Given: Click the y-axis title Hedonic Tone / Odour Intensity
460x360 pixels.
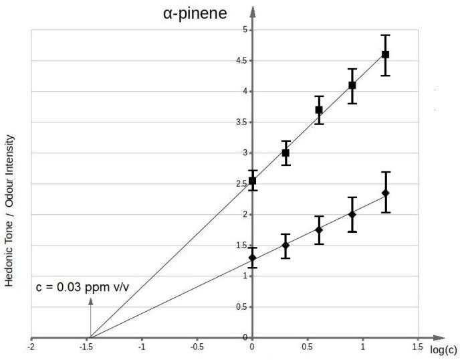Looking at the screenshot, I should click(x=11, y=217).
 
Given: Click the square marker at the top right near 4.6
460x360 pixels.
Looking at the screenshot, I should click(x=385, y=55).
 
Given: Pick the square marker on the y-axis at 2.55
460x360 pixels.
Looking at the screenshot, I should click(x=252, y=181).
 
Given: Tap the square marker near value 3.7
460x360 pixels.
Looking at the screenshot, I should click(x=319, y=110).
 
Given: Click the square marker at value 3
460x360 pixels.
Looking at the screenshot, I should click(x=285, y=153).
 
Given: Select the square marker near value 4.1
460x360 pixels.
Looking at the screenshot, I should click(x=352, y=86).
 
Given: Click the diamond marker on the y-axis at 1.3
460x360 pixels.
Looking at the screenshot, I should click(x=252, y=258).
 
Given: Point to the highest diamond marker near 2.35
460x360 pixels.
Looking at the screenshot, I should click(x=385, y=193).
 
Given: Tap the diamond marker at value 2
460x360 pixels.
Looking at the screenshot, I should click(x=352, y=214).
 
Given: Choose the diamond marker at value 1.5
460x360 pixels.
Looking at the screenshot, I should click(x=285, y=246).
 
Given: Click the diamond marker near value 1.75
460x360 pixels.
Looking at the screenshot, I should click(x=319, y=230).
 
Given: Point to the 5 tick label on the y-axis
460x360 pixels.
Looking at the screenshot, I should click(x=245, y=30).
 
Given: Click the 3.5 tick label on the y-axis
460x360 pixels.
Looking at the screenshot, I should click(x=242, y=122).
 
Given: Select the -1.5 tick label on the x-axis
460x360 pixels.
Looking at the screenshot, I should click(x=86, y=348).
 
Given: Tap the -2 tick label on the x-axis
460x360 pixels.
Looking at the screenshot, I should click(x=31, y=348).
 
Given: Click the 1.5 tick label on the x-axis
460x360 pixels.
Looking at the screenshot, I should click(x=417, y=348).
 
